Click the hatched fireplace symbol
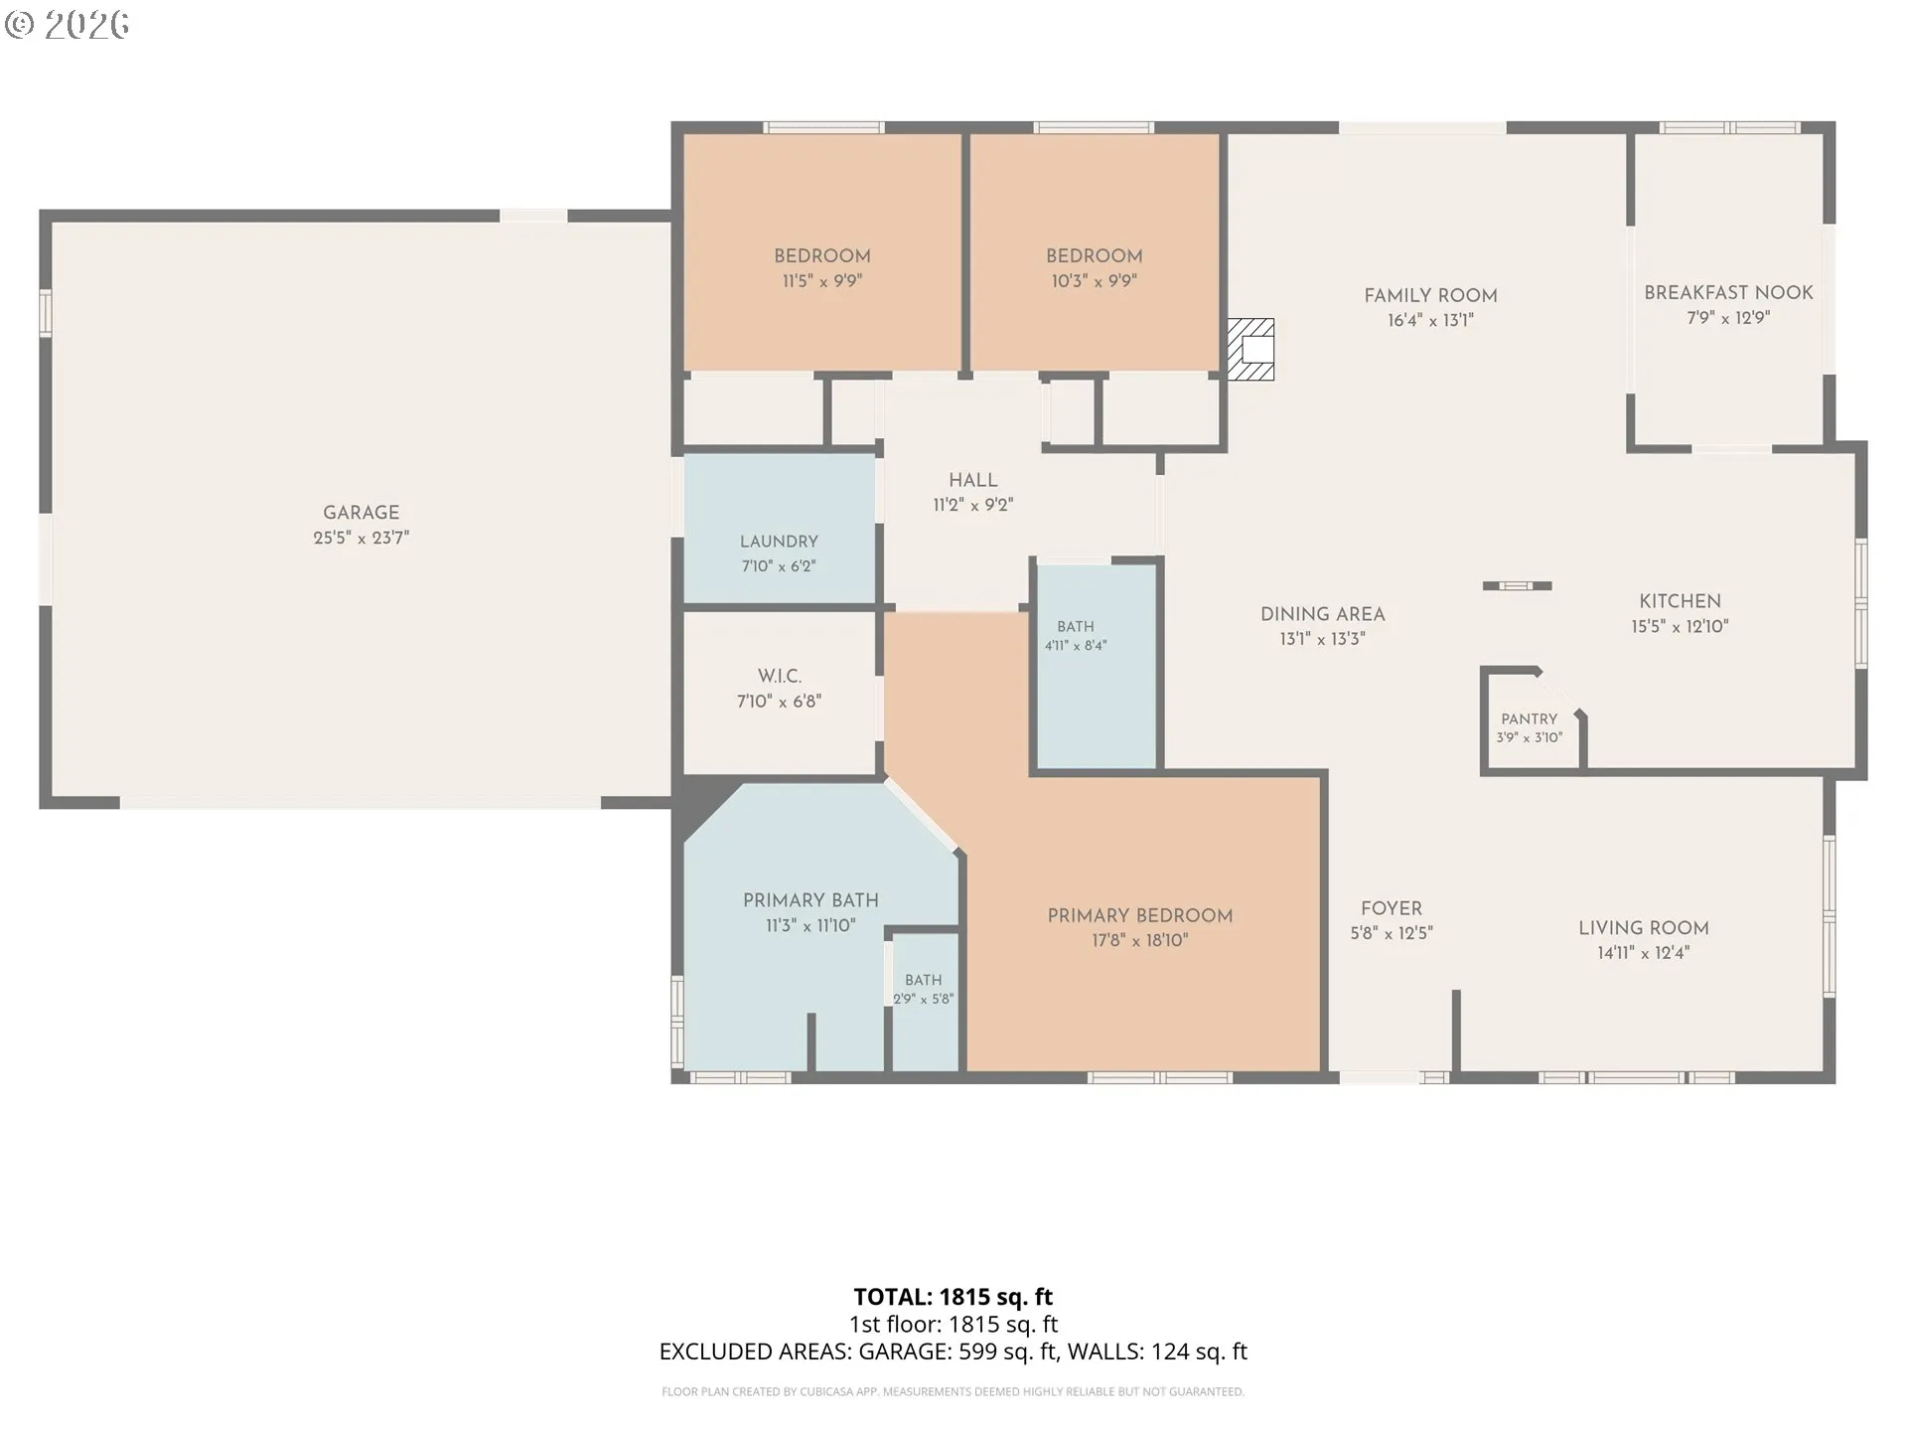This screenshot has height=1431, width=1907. [x=1250, y=349]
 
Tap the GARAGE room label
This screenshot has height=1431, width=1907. [x=361, y=513]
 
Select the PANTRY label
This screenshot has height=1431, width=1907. [x=1529, y=718]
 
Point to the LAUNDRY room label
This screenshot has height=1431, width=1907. [x=779, y=542]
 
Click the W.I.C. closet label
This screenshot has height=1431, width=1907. [x=779, y=676]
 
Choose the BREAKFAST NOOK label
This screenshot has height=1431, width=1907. [x=1728, y=293]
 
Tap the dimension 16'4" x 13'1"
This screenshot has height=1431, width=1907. [x=1430, y=320]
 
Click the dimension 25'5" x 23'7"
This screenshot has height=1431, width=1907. [x=361, y=538]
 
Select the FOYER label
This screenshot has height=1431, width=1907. [x=1391, y=908]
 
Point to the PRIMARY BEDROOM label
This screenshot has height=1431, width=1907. [x=1139, y=915]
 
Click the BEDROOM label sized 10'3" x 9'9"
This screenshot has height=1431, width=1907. [x=1094, y=255]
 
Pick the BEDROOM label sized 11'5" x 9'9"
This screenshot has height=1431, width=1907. [x=821, y=255]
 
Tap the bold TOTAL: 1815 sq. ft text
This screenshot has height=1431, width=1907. [x=953, y=1297]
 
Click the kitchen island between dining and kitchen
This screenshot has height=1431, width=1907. [x=1517, y=586]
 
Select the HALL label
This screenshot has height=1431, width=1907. [x=972, y=480]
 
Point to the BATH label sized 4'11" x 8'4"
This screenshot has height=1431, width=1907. [x=1075, y=626]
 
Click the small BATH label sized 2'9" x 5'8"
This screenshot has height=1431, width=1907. [x=923, y=980]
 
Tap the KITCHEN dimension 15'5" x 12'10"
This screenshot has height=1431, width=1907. [x=1680, y=626]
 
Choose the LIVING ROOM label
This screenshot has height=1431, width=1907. [x=1643, y=928]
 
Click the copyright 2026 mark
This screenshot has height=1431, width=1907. [x=67, y=24]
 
